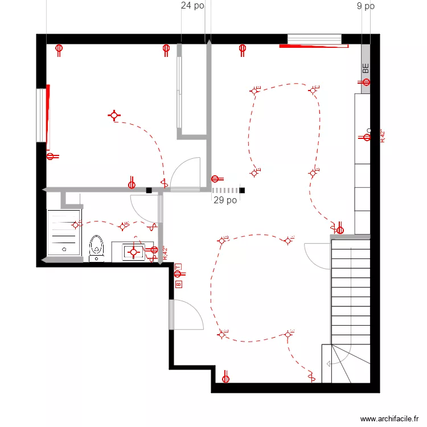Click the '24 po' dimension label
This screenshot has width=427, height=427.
[192, 6]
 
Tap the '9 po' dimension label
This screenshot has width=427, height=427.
[366, 6]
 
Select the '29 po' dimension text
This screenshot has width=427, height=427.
[225, 200]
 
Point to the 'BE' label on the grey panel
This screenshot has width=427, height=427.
[366, 68]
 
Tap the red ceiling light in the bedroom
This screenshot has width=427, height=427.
[114, 116]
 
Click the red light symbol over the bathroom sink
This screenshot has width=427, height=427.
[134, 251]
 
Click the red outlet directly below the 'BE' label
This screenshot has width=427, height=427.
[366, 83]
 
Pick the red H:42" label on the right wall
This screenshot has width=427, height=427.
[383, 137]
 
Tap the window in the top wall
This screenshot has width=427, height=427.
[314, 39]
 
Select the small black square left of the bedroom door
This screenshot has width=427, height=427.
[149, 190]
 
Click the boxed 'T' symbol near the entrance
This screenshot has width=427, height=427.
[178, 266]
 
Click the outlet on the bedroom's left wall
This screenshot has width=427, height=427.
[51, 157]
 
